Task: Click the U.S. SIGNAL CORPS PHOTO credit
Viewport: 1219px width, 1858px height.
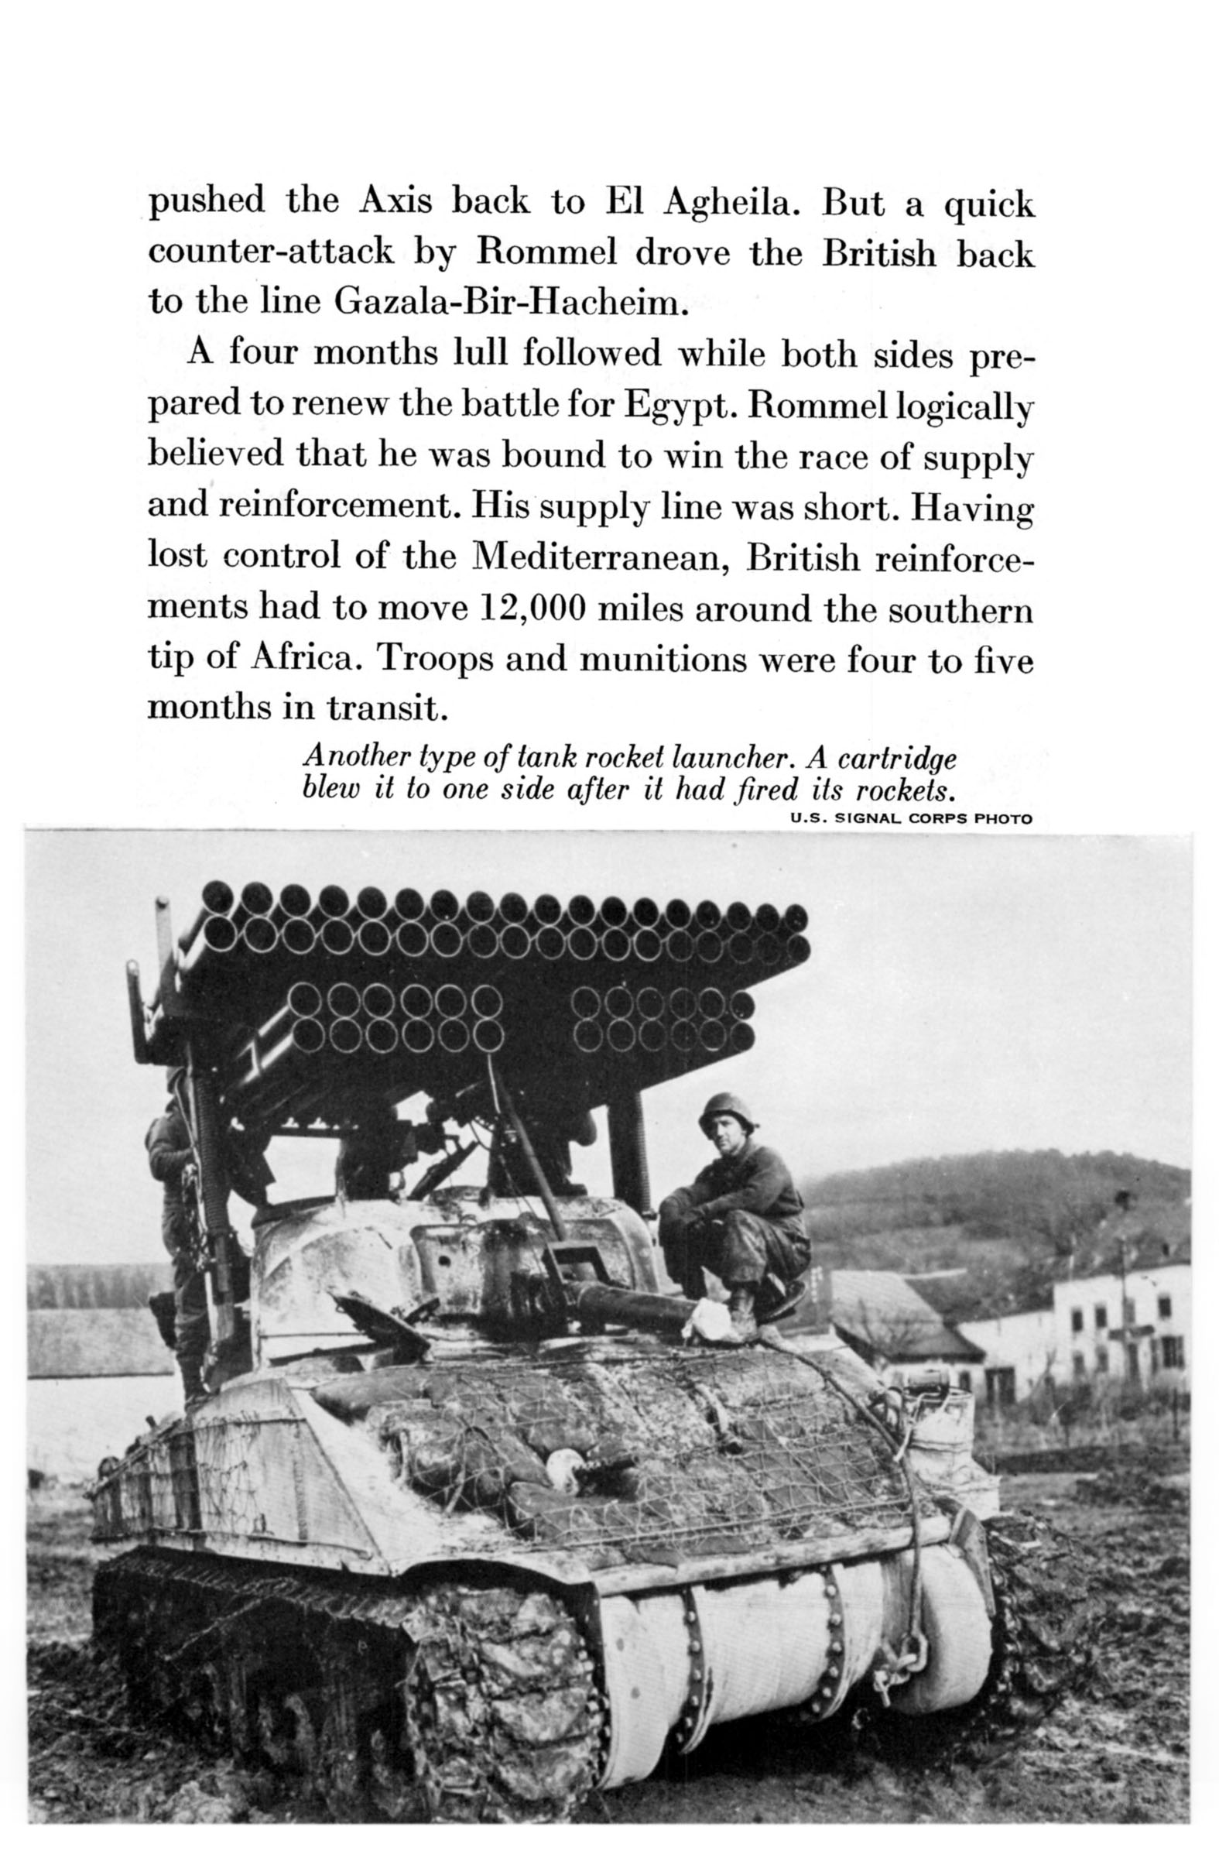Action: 910,819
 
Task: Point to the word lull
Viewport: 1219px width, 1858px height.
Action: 479,354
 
